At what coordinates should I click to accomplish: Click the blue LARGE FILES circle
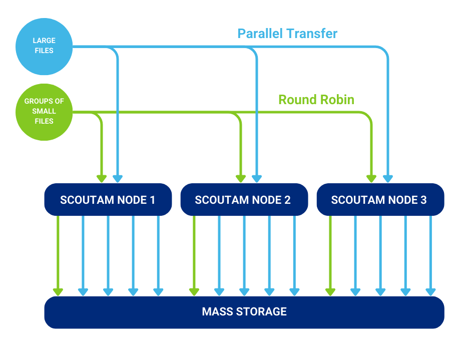tap(44, 46)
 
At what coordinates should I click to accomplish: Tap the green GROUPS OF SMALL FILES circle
tap(44, 112)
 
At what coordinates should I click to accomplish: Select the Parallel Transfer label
tap(287, 34)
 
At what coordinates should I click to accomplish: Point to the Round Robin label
tap(316, 100)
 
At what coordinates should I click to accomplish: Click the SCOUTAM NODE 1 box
tap(108, 200)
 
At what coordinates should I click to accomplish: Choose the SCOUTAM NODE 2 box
tap(244, 200)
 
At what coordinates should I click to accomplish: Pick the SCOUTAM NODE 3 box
tap(380, 200)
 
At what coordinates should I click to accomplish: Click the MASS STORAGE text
tap(244, 311)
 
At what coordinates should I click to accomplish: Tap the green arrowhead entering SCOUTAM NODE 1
tap(102, 179)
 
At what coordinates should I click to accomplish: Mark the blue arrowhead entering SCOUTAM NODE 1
tap(118, 179)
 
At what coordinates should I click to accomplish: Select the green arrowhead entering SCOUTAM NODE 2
tap(241, 179)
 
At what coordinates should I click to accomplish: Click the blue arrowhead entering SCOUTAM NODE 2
tap(257, 179)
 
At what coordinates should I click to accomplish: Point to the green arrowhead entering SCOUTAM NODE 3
tap(371, 179)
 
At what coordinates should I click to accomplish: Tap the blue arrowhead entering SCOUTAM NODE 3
tap(388, 179)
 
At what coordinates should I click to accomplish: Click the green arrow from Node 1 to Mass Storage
tap(58, 256)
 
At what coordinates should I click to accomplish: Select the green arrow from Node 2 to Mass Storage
tap(194, 256)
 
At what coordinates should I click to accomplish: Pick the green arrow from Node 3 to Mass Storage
tap(330, 256)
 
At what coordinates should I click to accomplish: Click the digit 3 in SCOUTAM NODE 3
tap(423, 200)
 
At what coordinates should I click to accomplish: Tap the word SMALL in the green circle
tap(44, 111)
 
